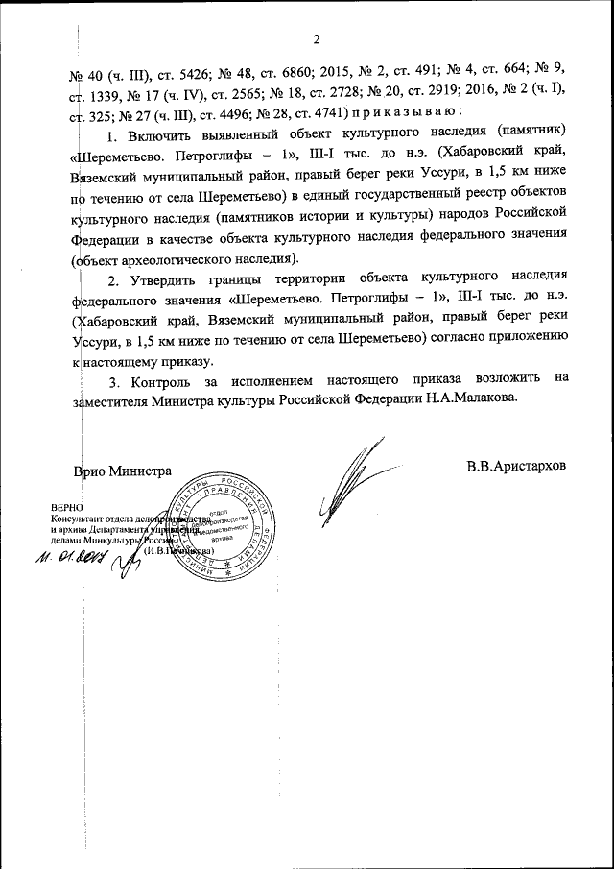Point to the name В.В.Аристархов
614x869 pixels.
pyautogui.click(x=517, y=467)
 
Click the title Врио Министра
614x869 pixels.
pyautogui.click(x=122, y=471)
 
